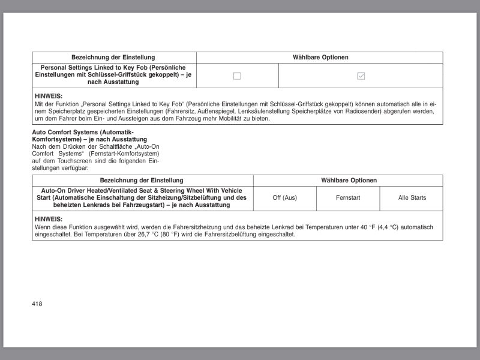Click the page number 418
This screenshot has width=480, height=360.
(x=37, y=304)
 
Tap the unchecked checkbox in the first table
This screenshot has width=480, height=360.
(x=237, y=76)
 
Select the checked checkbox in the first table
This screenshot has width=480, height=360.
(x=361, y=76)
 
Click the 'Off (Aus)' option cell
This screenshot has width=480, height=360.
(x=284, y=198)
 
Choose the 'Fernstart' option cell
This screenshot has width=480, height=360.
(x=348, y=198)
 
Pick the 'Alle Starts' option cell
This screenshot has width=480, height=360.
(x=412, y=198)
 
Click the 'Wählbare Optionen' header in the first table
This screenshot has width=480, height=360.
(x=320, y=58)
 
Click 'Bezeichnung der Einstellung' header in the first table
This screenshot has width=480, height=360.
(x=113, y=58)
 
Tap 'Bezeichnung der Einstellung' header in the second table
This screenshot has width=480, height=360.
(x=142, y=181)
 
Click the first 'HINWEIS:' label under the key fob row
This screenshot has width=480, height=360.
(x=49, y=96)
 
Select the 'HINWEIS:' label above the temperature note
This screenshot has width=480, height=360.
(x=49, y=219)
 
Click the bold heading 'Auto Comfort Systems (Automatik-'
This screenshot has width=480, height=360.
(x=83, y=132)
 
